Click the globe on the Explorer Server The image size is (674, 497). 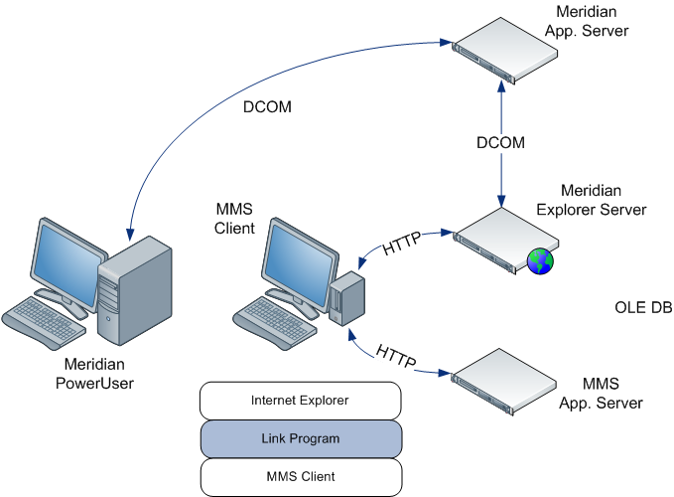tap(540, 261)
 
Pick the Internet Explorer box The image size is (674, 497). tap(301, 401)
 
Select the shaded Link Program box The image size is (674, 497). tap(301, 438)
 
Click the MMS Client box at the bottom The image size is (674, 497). tap(301, 476)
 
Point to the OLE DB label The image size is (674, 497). tap(643, 308)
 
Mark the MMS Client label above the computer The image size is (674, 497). tap(235, 219)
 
